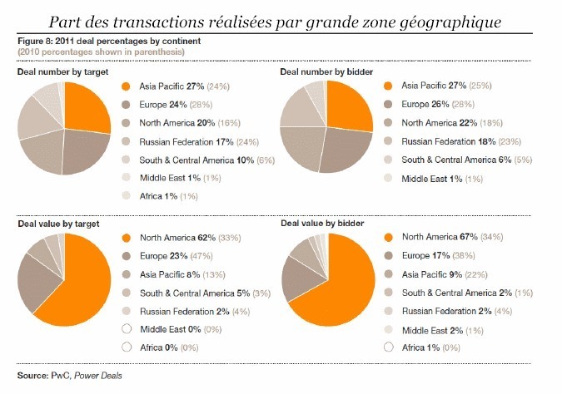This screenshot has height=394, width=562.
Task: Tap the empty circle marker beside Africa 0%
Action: tap(127, 347)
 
